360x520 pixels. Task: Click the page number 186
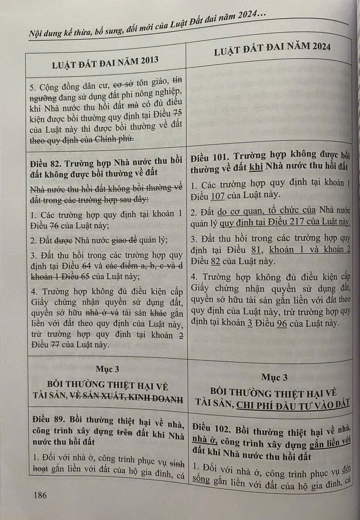point(40,495)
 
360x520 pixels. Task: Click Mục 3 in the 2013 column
point(107,369)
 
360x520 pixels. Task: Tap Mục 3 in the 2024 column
point(274,377)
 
